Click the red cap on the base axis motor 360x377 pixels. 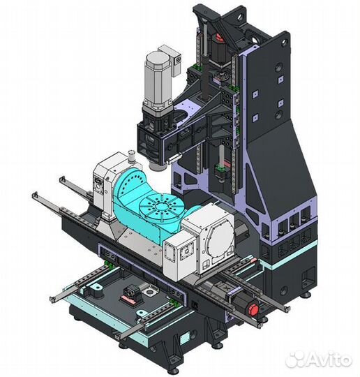click(253, 310)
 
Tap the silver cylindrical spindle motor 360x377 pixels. click(158, 79)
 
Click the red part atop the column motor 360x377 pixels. click(219, 38)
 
